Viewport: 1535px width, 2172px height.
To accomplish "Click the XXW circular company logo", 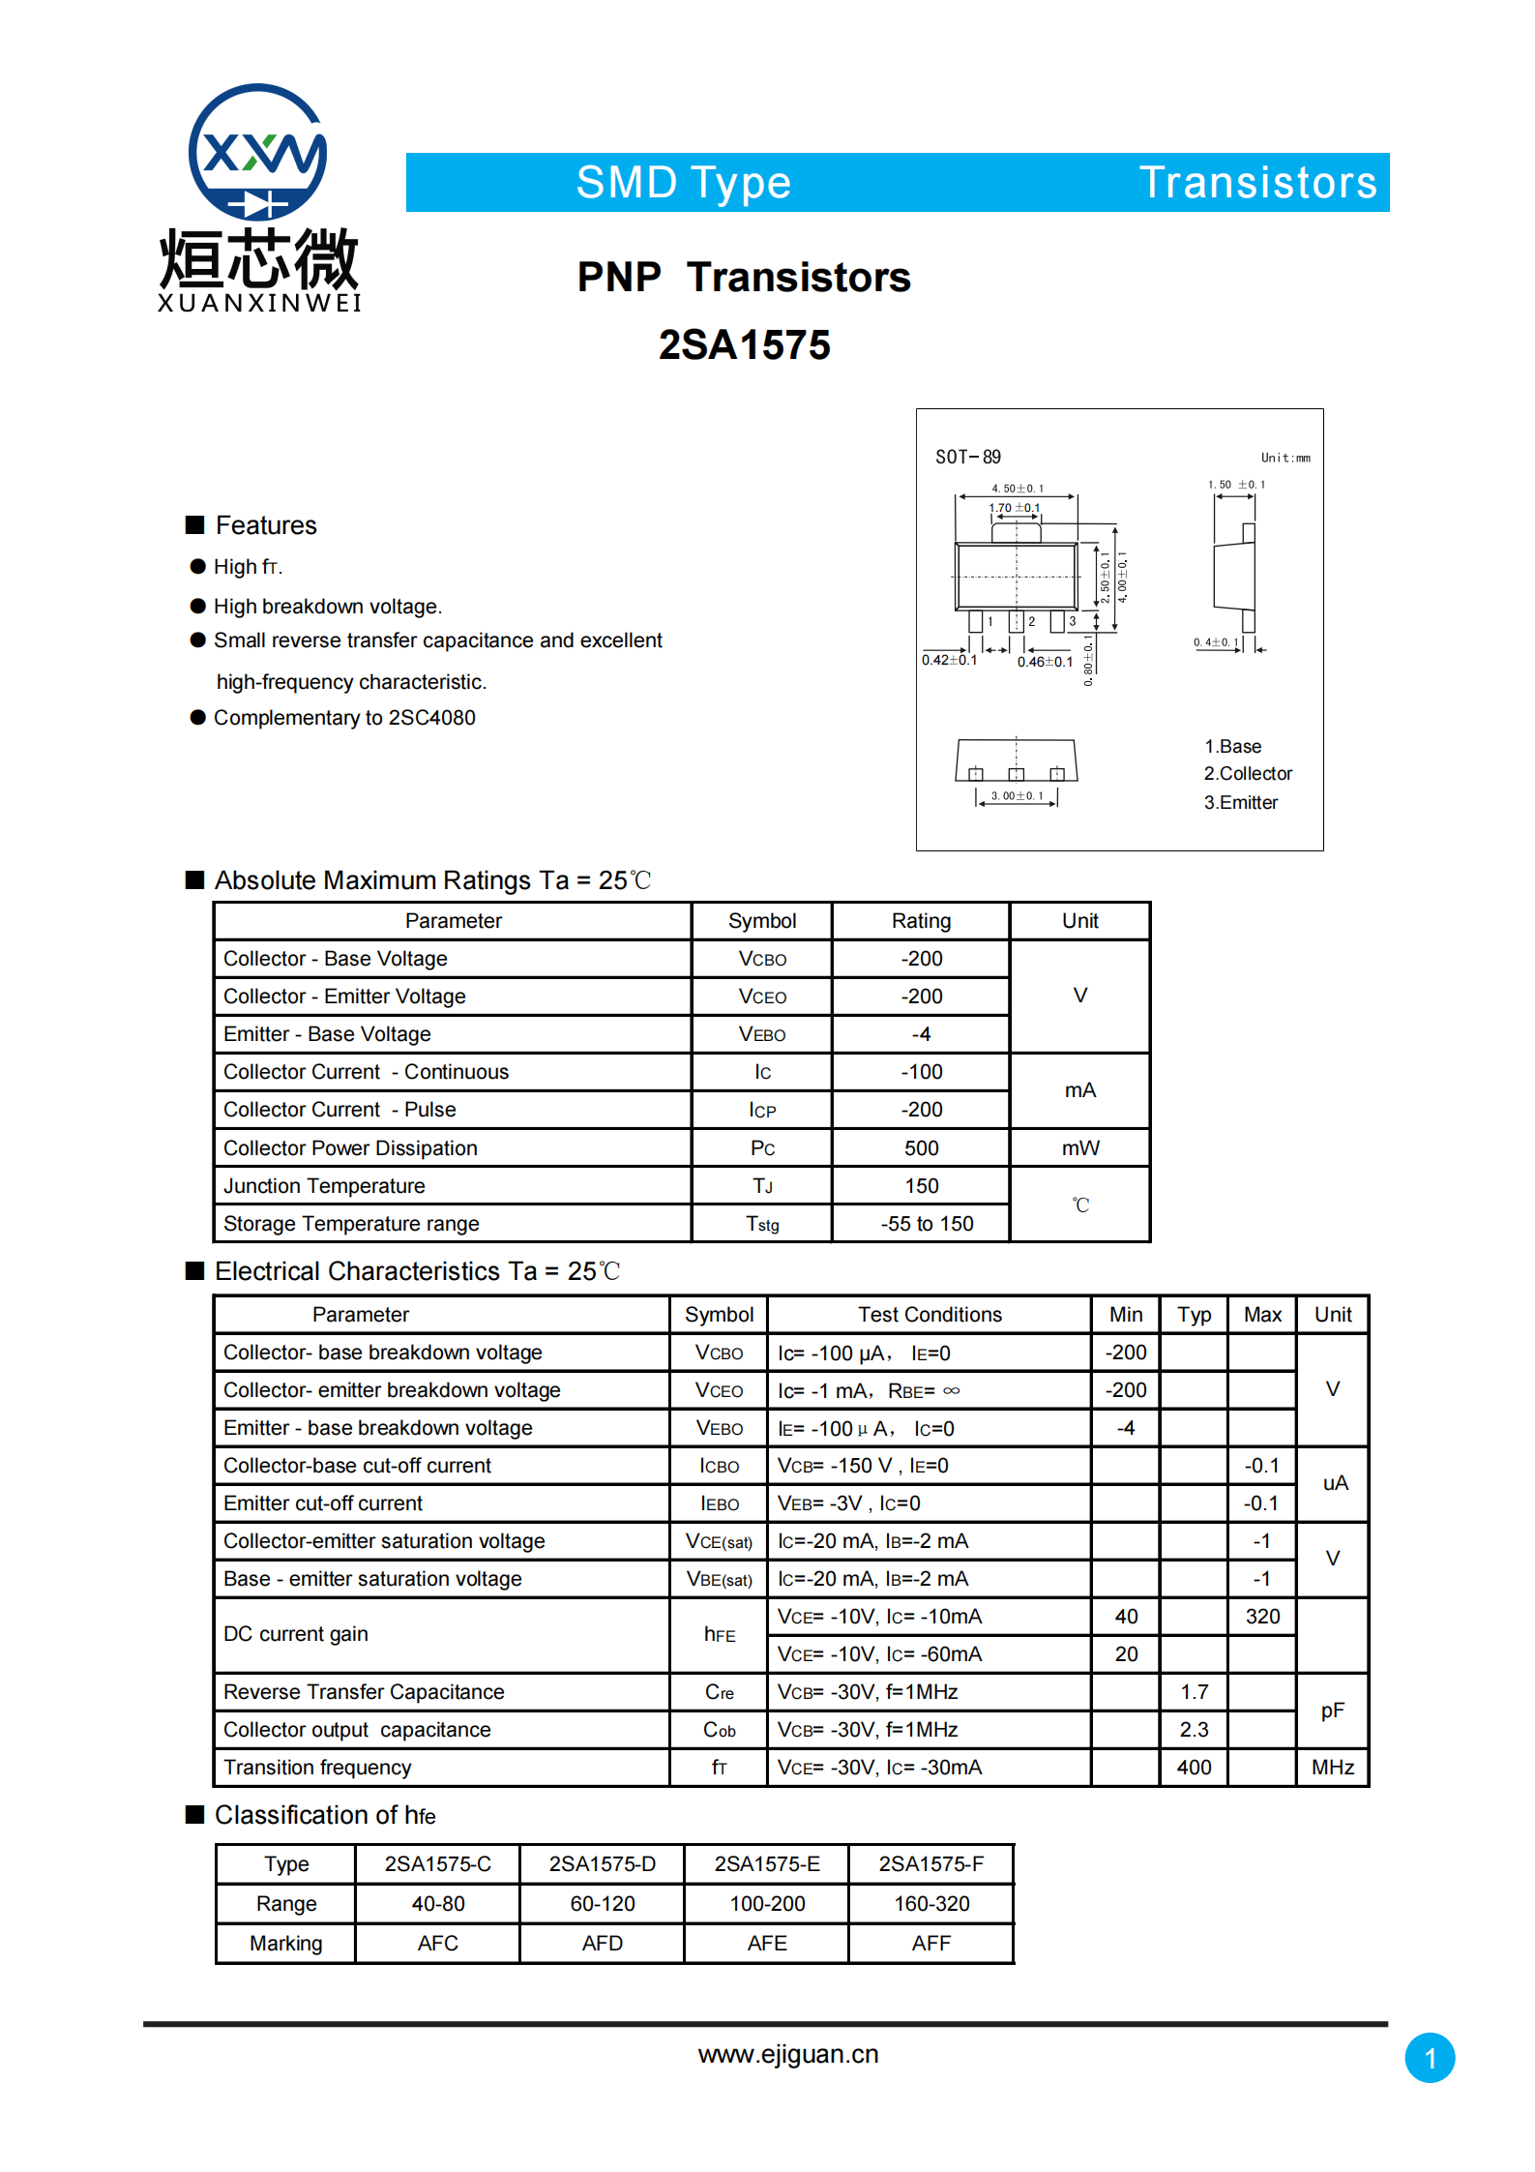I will coord(257,153).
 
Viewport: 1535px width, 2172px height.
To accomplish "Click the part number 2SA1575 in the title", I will coord(744,345).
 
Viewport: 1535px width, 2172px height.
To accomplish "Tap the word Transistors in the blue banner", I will coord(1257,183).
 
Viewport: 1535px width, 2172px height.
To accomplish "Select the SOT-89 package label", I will coord(967,458).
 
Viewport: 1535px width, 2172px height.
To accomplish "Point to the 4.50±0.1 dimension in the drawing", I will coord(1017,489).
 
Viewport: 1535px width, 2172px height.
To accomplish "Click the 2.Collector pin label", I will coord(1247,774).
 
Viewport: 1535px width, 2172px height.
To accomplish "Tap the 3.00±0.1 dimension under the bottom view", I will coord(1017,796).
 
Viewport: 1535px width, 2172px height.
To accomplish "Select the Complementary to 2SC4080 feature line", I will coord(344,718).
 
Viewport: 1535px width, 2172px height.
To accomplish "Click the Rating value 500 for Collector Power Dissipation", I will coord(921,1148).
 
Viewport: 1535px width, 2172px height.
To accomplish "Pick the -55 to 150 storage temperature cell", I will coord(926,1224).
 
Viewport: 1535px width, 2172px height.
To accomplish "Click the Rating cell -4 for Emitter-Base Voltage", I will coord(921,1034).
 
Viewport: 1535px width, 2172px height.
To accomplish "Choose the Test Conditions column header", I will coord(930,1315).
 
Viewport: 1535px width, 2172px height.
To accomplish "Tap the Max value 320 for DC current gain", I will coord(1262,1617).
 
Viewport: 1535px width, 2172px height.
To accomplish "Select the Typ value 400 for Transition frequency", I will coord(1194,1768).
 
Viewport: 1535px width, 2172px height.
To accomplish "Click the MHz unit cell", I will coord(1332,1768).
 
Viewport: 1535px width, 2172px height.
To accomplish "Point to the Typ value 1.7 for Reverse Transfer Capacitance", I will coord(1194,1692).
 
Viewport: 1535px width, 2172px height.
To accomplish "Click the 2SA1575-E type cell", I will coord(766,1864).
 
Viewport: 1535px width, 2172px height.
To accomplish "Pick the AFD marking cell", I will coord(602,1944).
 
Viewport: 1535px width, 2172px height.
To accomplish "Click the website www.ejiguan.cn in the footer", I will coord(788,2054).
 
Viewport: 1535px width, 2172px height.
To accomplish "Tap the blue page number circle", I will coord(1429,2058).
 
